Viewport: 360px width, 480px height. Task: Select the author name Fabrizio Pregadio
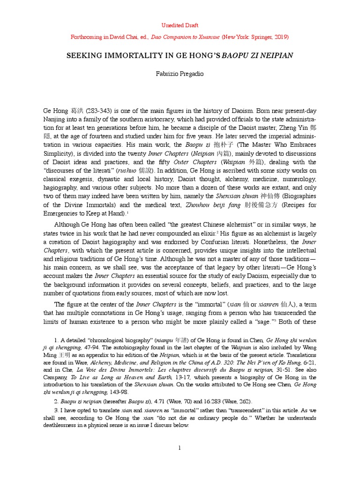(180, 74)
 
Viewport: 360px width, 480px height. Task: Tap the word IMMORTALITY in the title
(127, 55)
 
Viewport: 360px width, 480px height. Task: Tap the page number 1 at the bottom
(180, 448)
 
